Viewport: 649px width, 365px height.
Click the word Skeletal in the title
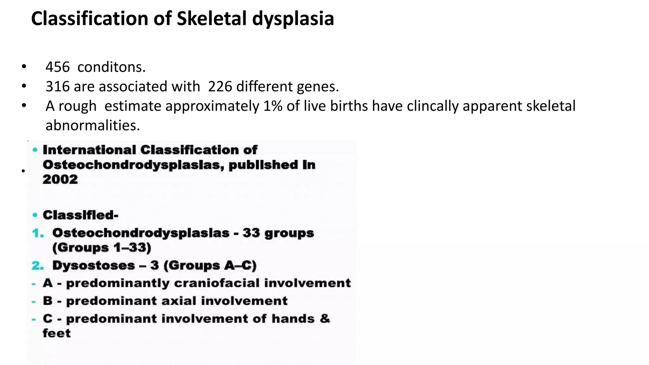pos(212,18)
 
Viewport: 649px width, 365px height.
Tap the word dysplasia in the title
pos(293,18)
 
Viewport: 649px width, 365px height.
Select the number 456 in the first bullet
pos(57,67)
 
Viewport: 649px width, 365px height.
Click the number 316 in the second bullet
pos(57,86)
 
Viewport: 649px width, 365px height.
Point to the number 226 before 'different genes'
pos(220,86)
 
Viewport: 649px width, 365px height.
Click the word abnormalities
pos(93,125)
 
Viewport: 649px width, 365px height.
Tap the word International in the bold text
pos(89,150)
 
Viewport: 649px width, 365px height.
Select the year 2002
pos(60,179)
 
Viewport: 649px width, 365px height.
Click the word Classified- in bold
pos(80,215)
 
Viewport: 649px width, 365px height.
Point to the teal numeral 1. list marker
pos(38,234)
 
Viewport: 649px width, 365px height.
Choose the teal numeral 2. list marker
pos(38,266)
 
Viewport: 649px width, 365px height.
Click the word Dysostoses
pos(93,266)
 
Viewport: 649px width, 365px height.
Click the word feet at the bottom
pos(57,333)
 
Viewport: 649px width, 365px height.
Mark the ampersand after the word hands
pos(325,318)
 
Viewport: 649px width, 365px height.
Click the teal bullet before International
pos(35,150)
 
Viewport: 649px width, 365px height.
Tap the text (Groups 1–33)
pos(102,248)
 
